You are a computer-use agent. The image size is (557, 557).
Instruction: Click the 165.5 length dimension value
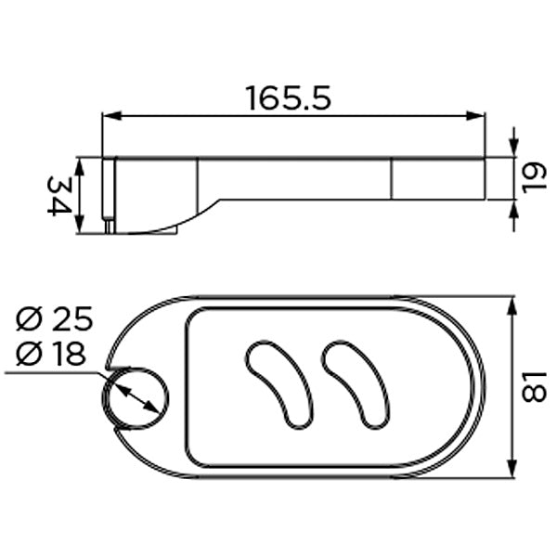(x=288, y=97)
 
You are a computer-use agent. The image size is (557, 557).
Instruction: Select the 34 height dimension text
(x=58, y=195)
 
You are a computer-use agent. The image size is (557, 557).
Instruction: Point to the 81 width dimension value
(x=535, y=388)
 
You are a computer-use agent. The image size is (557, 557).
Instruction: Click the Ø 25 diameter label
(x=55, y=320)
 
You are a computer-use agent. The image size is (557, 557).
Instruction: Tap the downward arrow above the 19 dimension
(x=513, y=149)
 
